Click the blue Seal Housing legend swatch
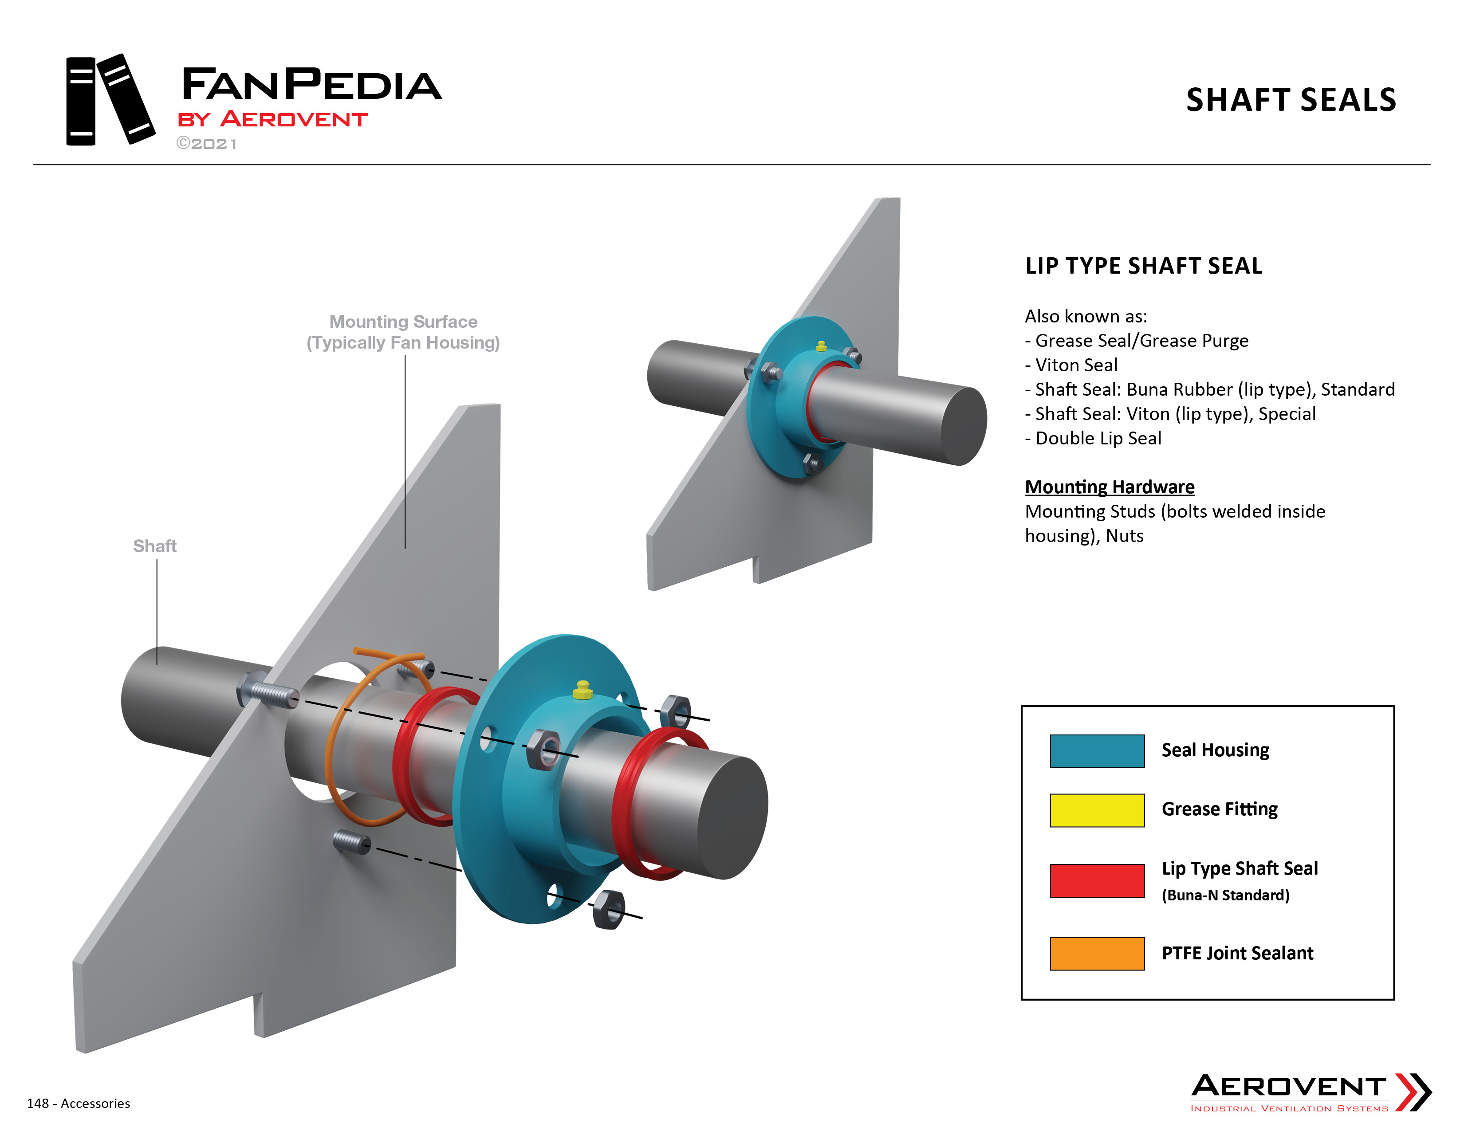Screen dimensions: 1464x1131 pyautogui.click(x=1097, y=750)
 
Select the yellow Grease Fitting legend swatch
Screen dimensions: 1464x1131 pyautogui.click(x=1097, y=810)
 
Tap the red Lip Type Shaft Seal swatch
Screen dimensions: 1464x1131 pyautogui.click(x=1097, y=880)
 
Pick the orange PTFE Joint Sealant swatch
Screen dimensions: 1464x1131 pyautogui.click(x=1097, y=953)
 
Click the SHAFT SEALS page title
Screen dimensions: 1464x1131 pyautogui.click(x=1291, y=100)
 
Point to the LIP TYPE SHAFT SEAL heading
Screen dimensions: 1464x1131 pyautogui.click(x=1144, y=266)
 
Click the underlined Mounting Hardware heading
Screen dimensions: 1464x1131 pyautogui.click(x=1110, y=487)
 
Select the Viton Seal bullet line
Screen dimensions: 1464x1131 pyautogui.click(x=1071, y=365)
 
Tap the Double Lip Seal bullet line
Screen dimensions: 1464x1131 pyautogui.click(x=1093, y=438)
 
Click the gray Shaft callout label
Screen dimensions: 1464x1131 pyautogui.click(x=155, y=546)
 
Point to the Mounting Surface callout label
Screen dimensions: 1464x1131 pyautogui.click(x=404, y=332)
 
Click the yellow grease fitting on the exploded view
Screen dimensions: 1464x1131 pyautogui.click(x=582, y=690)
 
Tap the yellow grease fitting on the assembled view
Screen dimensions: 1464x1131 pyautogui.click(x=821, y=346)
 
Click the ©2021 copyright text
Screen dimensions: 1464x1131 pyautogui.click(x=206, y=144)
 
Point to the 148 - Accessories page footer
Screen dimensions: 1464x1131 pyautogui.click(x=79, y=1104)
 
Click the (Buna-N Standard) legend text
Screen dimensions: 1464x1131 pyautogui.click(x=1225, y=895)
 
